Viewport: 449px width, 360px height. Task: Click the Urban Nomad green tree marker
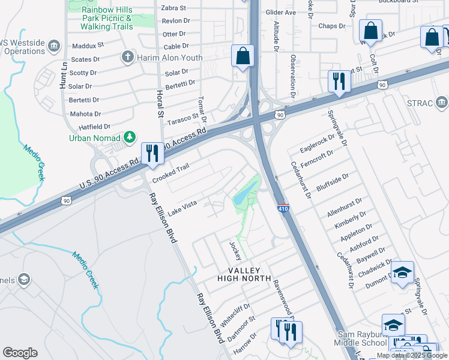coord(129,138)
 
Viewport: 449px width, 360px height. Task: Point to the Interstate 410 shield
coord(284,208)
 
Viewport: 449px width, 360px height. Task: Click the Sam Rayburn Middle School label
coord(362,338)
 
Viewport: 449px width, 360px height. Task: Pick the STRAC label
coord(419,103)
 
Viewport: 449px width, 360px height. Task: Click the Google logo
coord(20,353)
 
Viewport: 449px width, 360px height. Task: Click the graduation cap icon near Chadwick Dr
coord(403,272)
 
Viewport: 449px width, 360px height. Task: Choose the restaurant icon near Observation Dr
coord(339,82)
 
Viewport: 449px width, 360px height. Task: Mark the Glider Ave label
coord(282,12)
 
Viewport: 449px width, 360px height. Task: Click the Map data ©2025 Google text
coord(412,355)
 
